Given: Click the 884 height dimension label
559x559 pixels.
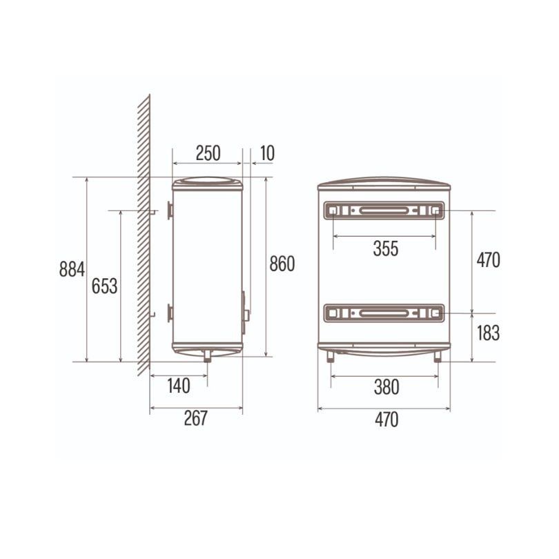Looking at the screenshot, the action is [x=72, y=269].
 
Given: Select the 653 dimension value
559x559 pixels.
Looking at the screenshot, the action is [x=104, y=286].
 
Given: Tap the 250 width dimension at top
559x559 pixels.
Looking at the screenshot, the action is [x=208, y=153].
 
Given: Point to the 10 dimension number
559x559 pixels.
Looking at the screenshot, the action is [x=267, y=153].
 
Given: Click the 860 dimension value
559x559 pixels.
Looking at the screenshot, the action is [x=282, y=264].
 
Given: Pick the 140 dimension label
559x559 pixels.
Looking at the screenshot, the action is [x=179, y=386].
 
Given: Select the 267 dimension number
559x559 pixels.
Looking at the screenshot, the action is [x=196, y=418].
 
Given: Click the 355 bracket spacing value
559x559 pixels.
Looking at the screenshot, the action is [x=386, y=248].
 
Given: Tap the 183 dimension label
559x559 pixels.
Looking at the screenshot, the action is [x=488, y=333].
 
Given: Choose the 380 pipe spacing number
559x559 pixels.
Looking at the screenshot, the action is [x=386, y=387].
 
